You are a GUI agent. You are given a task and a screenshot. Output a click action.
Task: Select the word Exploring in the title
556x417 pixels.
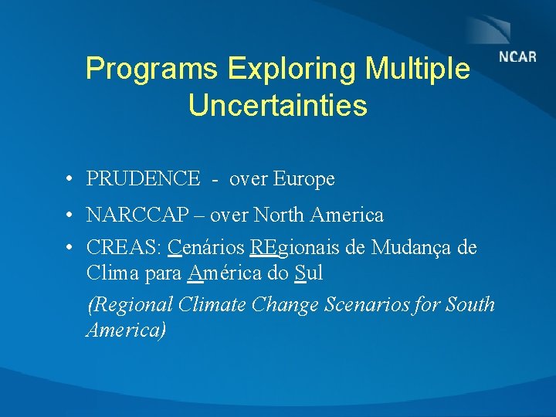pyautogui.click(x=292, y=69)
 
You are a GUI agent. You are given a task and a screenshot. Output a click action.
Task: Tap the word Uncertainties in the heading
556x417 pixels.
pyautogui.click(x=277, y=106)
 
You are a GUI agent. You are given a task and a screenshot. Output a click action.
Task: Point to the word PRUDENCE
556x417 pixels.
pyautogui.click(x=144, y=179)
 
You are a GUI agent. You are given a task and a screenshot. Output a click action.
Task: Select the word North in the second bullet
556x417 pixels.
pyautogui.click(x=283, y=215)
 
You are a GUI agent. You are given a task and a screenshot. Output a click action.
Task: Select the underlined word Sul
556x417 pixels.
pyautogui.click(x=308, y=273)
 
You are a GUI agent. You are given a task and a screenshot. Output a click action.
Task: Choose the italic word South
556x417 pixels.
pyautogui.click(x=470, y=305)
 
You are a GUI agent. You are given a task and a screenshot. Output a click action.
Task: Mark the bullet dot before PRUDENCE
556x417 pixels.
pyautogui.click(x=69, y=180)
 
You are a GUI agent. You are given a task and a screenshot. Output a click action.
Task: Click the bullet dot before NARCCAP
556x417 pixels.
pyautogui.click(x=69, y=215)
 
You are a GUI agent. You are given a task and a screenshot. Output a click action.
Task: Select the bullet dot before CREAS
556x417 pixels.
pyautogui.click(x=69, y=249)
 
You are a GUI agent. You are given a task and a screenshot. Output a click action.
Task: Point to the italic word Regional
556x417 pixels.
pyautogui.click(x=130, y=305)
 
